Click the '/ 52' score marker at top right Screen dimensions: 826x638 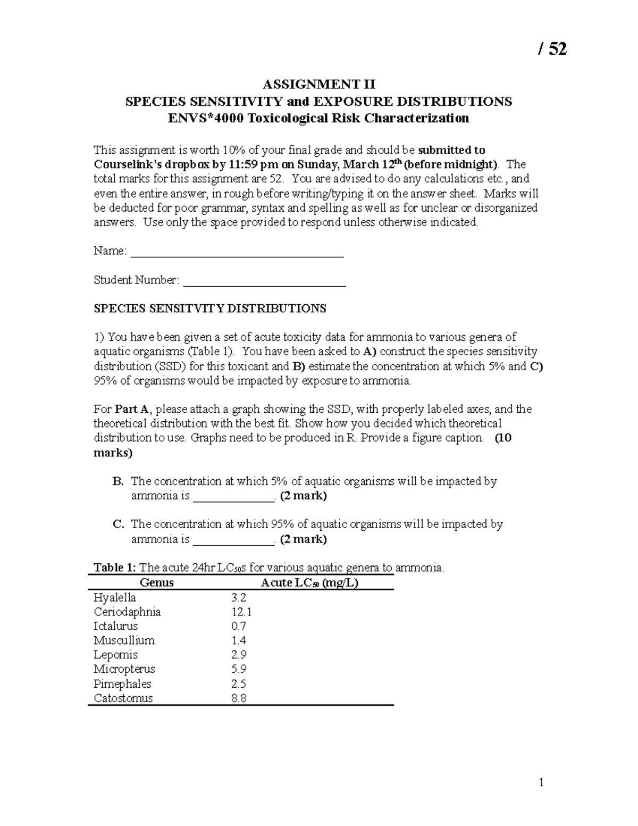click(552, 49)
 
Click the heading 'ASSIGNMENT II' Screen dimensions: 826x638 click(318, 85)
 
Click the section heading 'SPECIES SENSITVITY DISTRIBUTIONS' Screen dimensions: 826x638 click(210, 308)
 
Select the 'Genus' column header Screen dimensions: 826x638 click(156, 582)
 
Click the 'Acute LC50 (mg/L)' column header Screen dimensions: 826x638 click(309, 582)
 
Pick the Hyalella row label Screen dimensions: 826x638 click(115, 597)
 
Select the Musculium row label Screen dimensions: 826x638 click(124, 640)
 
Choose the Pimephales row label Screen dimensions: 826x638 click(122, 683)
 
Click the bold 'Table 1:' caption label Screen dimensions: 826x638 click(114, 568)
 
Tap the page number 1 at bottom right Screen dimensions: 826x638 click(541, 782)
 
